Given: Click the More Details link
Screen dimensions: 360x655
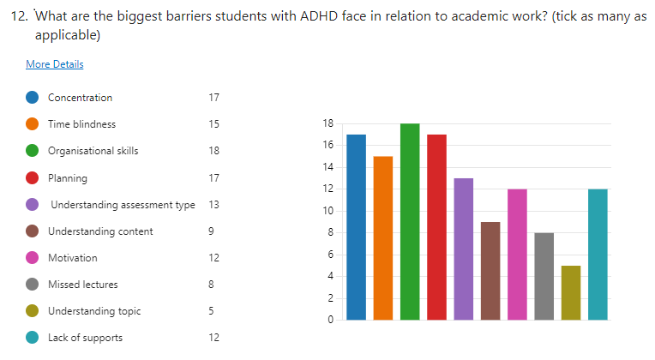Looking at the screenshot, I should coord(55,64).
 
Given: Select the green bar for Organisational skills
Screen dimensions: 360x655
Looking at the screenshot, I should coord(410,222).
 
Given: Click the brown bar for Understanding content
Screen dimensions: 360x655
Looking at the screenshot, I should coord(490,271).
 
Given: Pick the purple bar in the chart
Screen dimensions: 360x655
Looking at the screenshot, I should coord(463,249).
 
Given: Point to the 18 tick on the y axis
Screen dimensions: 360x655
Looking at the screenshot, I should coord(328,123).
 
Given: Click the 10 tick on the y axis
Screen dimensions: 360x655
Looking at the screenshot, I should coord(328,211).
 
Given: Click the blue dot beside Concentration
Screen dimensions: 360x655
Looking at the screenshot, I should coord(32,97).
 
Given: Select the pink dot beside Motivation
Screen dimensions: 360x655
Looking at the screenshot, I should coord(32,257).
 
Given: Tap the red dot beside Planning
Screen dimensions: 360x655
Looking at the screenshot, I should coord(32,177).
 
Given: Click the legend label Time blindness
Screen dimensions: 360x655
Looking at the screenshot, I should coord(81,124).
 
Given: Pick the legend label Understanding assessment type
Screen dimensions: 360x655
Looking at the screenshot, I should coord(123,204).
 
